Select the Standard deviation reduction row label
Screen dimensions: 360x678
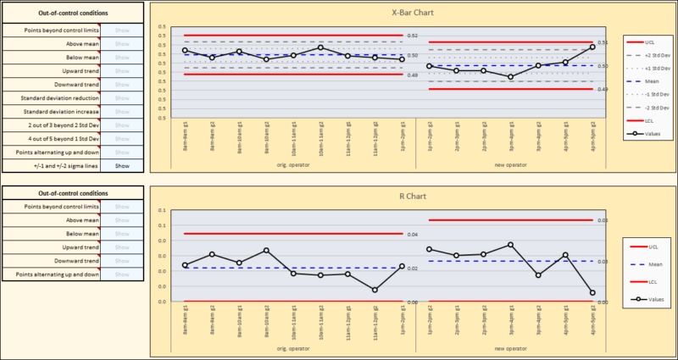[x=51, y=98]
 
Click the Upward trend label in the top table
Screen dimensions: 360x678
[x=51, y=71]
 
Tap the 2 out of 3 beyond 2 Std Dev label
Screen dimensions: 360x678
[x=51, y=125]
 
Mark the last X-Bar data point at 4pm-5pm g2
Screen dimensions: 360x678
[x=593, y=47]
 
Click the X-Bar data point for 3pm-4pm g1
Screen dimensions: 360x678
[x=510, y=77]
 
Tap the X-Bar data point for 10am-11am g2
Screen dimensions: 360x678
[x=320, y=47]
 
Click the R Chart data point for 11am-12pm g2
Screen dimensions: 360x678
[x=375, y=290]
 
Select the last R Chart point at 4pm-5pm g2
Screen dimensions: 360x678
[x=593, y=293]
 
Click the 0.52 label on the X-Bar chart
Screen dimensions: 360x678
[x=413, y=36]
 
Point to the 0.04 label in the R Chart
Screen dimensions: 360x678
[x=413, y=235]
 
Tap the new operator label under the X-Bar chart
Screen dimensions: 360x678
[x=511, y=165]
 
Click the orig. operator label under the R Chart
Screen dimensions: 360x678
[x=293, y=348]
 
